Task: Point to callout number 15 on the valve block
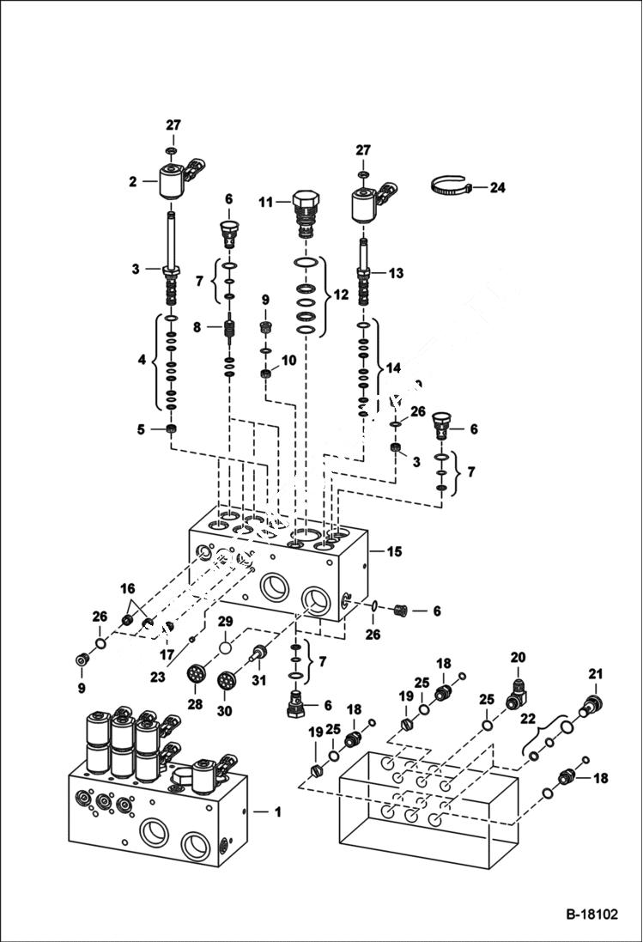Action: coord(395,550)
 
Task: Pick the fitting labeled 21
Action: coord(592,704)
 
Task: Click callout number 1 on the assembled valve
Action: coord(276,811)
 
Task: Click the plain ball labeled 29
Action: coord(226,645)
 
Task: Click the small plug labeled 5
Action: coord(171,428)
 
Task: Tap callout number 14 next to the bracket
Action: coord(393,367)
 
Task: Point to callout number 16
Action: coord(127,588)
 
